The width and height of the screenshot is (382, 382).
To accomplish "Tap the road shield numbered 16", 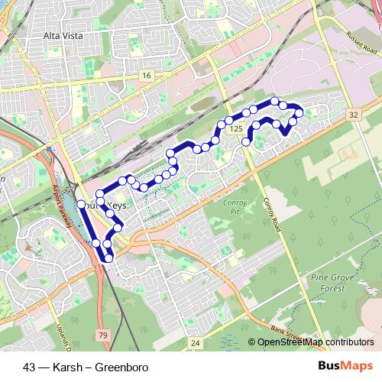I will coord(146,75).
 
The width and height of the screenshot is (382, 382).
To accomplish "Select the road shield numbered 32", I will coord(353,114).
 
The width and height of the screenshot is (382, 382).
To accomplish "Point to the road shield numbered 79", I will coord(102,335).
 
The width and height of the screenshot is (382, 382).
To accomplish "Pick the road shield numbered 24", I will coord(196,343).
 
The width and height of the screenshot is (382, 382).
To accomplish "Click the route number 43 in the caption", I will coord(30,367).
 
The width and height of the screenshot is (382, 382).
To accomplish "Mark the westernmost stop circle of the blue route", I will coord(81,205).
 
